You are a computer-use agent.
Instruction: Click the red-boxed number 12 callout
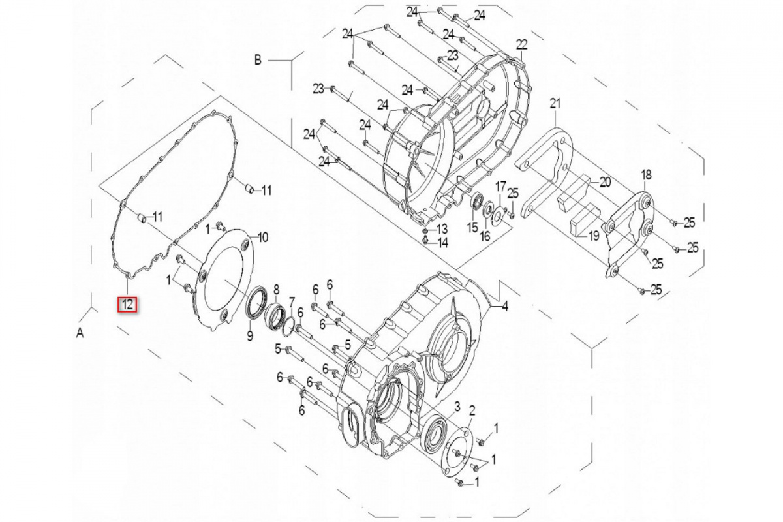coord(127,305)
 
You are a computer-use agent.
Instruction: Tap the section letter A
coord(80,334)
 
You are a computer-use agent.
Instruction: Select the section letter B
coord(258,60)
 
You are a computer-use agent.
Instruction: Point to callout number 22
coord(521,45)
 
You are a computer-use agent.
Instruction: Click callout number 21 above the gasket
coord(555,104)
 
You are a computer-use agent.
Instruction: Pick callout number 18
coord(646,174)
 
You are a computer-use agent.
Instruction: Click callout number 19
coord(594,237)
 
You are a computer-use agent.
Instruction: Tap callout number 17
coord(500,187)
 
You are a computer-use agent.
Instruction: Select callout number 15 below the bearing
coord(472,228)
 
